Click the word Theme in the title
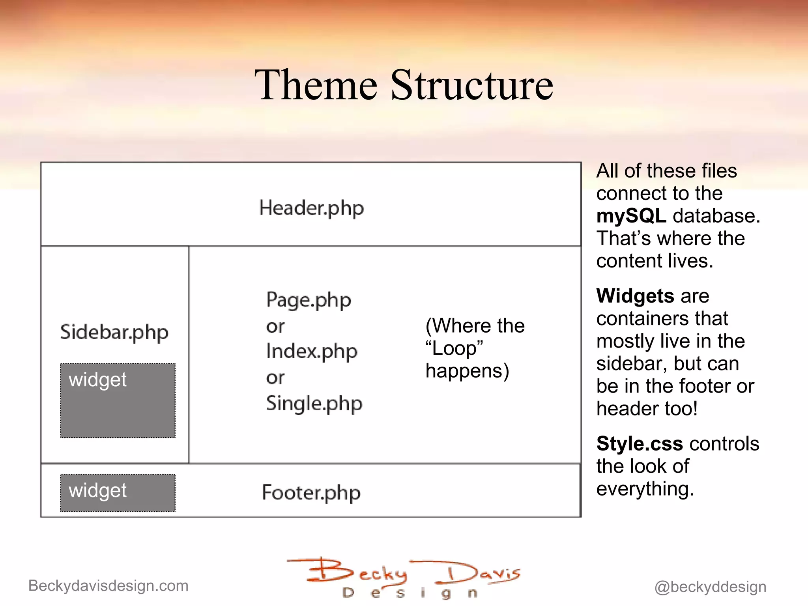click(316, 85)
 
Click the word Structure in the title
click(472, 85)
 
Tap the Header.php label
click(311, 208)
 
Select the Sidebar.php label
click(114, 332)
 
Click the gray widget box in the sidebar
click(118, 400)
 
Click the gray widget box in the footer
click(118, 493)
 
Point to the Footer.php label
click(311, 493)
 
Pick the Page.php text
click(309, 300)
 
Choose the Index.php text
click(312, 352)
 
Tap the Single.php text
click(314, 404)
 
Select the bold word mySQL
click(631, 216)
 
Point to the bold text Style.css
click(639, 443)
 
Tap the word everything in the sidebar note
click(645, 489)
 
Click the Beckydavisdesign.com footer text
click(108, 586)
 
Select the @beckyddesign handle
click(710, 587)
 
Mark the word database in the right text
click(716, 216)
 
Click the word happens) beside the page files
click(467, 371)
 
